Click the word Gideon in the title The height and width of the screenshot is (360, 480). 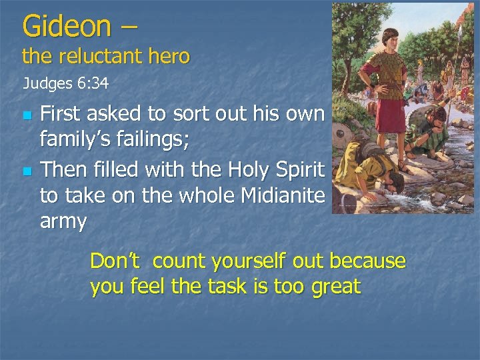point(66,26)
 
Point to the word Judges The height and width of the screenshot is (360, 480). point(46,84)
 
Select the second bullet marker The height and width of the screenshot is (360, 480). point(27,171)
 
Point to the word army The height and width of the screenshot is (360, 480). point(63,221)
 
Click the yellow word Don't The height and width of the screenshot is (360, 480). point(115,261)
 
